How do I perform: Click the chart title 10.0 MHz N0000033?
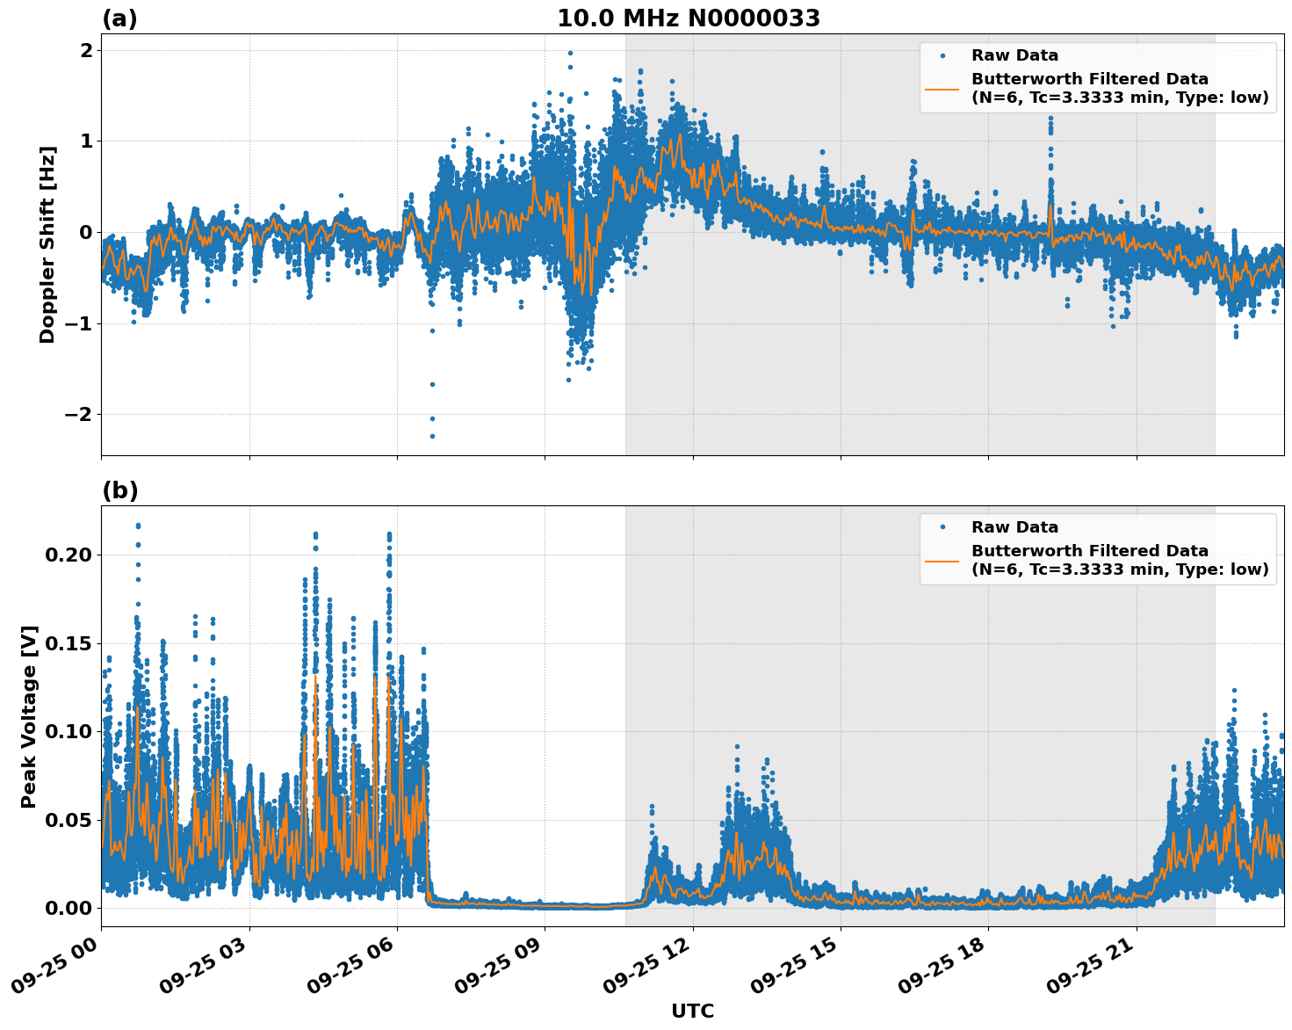689,18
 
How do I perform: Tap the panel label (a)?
119,18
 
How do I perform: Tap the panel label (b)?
119,490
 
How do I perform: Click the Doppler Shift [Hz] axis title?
47,244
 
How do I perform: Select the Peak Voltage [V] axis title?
29,716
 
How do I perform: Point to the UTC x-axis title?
692,1011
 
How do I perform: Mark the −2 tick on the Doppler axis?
78,414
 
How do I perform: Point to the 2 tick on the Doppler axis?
86,50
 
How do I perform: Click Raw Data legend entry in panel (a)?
1014,55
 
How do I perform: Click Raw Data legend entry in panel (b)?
1014,527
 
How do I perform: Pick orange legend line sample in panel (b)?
942,560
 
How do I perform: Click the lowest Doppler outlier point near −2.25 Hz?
432,436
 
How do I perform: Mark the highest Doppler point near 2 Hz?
570,53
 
